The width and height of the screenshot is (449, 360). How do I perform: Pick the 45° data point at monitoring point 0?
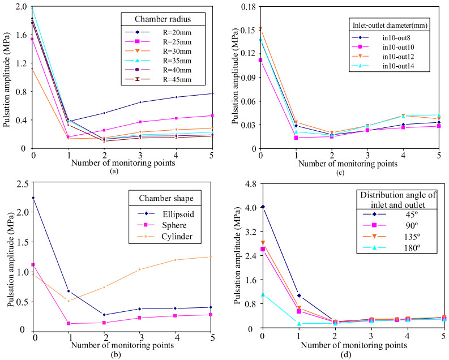click(x=262, y=207)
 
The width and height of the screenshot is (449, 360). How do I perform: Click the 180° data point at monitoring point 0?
click(x=262, y=294)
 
